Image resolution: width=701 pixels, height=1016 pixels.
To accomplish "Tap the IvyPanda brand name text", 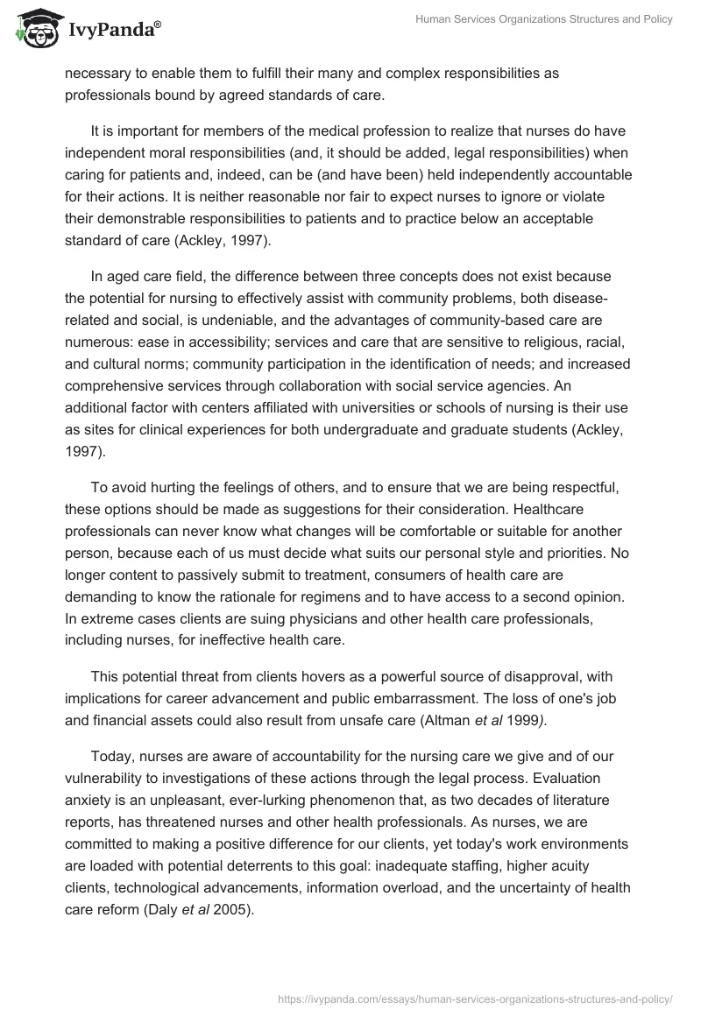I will click(114, 31).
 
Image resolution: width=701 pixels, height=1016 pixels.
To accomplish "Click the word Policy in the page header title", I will click(655, 19).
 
